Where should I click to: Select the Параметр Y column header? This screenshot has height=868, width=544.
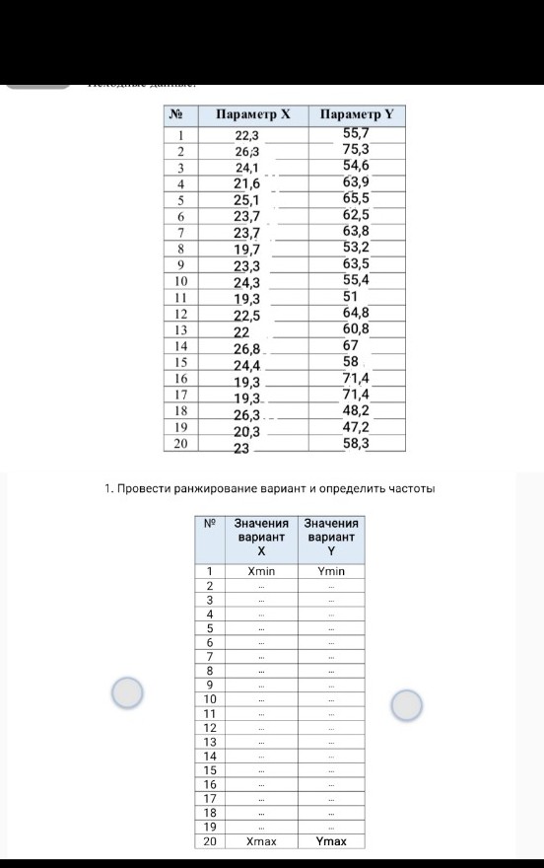[x=356, y=114]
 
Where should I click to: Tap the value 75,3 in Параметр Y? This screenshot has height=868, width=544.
[x=356, y=150]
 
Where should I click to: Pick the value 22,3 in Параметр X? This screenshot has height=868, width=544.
[x=246, y=135]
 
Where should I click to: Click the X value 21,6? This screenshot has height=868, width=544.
[x=246, y=183]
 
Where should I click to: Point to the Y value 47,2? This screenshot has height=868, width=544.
[x=356, y=427]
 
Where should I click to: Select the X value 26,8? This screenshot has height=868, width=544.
[x=246, y=348]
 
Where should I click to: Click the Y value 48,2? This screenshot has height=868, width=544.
[x=356, y=410]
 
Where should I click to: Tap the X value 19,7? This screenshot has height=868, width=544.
[x=246, y=250]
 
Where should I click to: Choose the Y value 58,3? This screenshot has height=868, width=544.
[x=356, y=444]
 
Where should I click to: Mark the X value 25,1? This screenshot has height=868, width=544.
[x=246, y=200]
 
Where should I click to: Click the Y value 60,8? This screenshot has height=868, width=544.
[x=356, y=328]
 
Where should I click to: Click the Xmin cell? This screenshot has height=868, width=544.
[x=262, y=571]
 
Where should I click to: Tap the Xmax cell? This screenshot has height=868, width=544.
[x=262, y=841]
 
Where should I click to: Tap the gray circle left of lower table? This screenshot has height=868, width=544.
[x=128, y=694]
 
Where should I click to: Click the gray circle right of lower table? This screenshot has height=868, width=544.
[x=407, y=704]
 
